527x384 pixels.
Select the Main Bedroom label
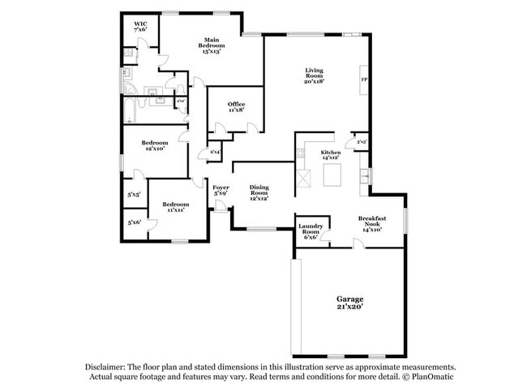click(212, 45)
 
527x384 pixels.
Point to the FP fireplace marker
click(363, 80)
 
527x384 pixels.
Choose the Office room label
click(236, 106)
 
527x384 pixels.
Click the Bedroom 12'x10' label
click(155, 145)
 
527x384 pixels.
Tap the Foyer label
click(220, 190)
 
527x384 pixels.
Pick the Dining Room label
click(259, 190)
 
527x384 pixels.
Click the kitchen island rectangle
click(331, 175)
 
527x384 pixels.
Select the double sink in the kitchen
click(365, 177)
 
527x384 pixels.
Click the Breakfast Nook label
click(371, 223)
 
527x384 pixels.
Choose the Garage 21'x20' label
click(349, 302)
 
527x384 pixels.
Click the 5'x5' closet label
click(134, 195)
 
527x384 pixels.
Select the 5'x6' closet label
click(134, 222)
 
